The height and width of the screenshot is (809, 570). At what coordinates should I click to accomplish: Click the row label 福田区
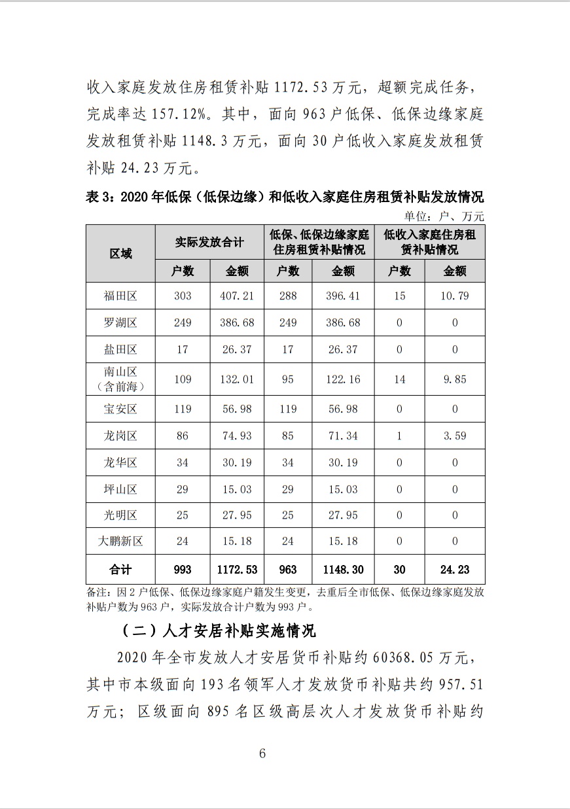(x=120, y=296)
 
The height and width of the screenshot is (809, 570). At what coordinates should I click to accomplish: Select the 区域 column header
(x=120, y=254)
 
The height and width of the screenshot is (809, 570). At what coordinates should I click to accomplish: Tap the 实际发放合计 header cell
(x=209, y=242)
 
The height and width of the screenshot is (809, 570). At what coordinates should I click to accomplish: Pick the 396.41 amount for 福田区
(x=343, y=296)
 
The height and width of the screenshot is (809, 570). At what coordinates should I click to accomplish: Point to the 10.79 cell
(x=455, y=296)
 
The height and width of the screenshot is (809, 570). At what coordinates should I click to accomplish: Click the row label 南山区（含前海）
(x=120, y=379)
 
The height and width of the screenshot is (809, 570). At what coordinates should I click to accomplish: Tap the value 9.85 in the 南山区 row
(x=455, y=379)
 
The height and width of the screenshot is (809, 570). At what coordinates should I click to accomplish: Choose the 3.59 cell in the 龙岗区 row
(x=455, y=435)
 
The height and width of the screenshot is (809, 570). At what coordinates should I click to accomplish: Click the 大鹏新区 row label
(x=120, y=541)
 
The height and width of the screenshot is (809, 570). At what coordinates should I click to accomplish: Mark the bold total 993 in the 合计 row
(x=182, y=570)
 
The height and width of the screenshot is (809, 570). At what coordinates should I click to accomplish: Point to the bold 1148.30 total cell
(x=343, y=570)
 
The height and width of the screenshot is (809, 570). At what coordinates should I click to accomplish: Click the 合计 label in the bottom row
(x=120, y=570)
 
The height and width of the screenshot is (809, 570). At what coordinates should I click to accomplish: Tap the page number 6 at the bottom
(x=262, y=753)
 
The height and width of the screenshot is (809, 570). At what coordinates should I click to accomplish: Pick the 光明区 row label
(x=120, y=515)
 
